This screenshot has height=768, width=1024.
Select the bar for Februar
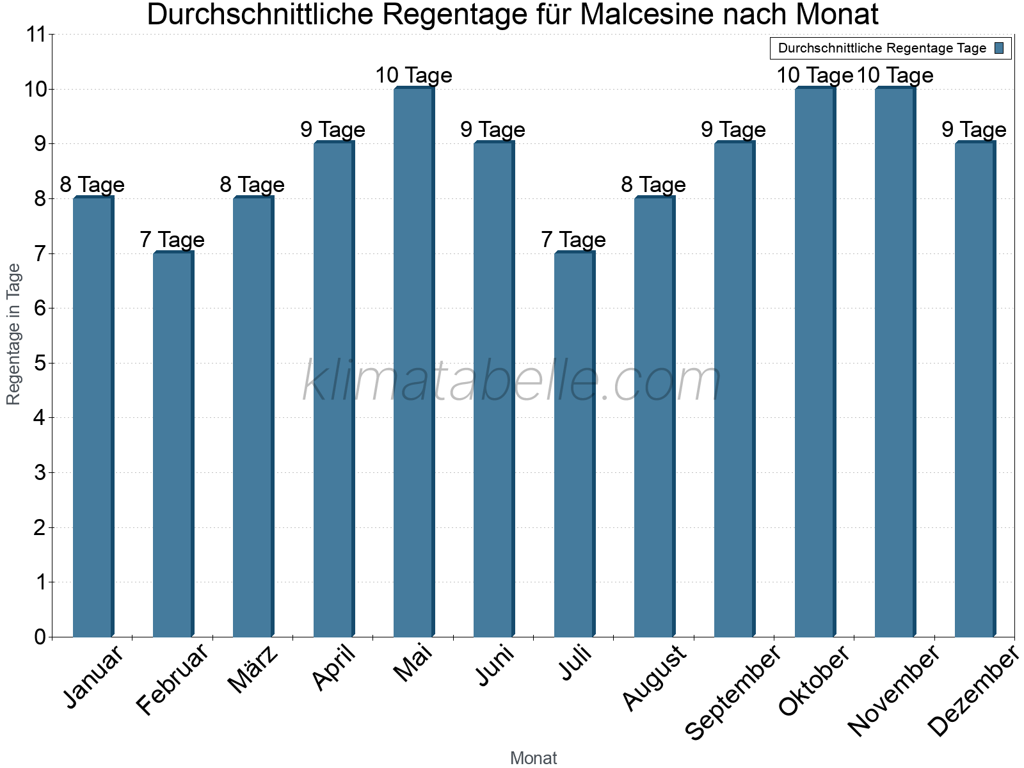click(x=173, y=444)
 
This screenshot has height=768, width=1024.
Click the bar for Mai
click(x=413, y=362)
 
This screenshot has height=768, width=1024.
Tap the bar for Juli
click(x=574, y=444)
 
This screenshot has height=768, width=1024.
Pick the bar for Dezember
click(x=975, y=389)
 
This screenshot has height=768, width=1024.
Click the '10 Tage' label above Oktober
click(x=814, y=76)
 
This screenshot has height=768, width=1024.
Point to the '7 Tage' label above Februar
click(x=172, y=240)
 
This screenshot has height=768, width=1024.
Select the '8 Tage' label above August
click(x=653, y=185)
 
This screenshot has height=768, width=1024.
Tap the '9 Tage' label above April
click(x=333, y=130)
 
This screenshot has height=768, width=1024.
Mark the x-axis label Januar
click(x=93, y=678)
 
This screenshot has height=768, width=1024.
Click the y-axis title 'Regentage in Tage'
click(x=14, y=334)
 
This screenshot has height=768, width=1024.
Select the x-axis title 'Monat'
click(x=533, y=758)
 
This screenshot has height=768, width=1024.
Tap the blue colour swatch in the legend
click(x=1000, y=48)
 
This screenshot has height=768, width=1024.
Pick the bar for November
click(x=895, y=362)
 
